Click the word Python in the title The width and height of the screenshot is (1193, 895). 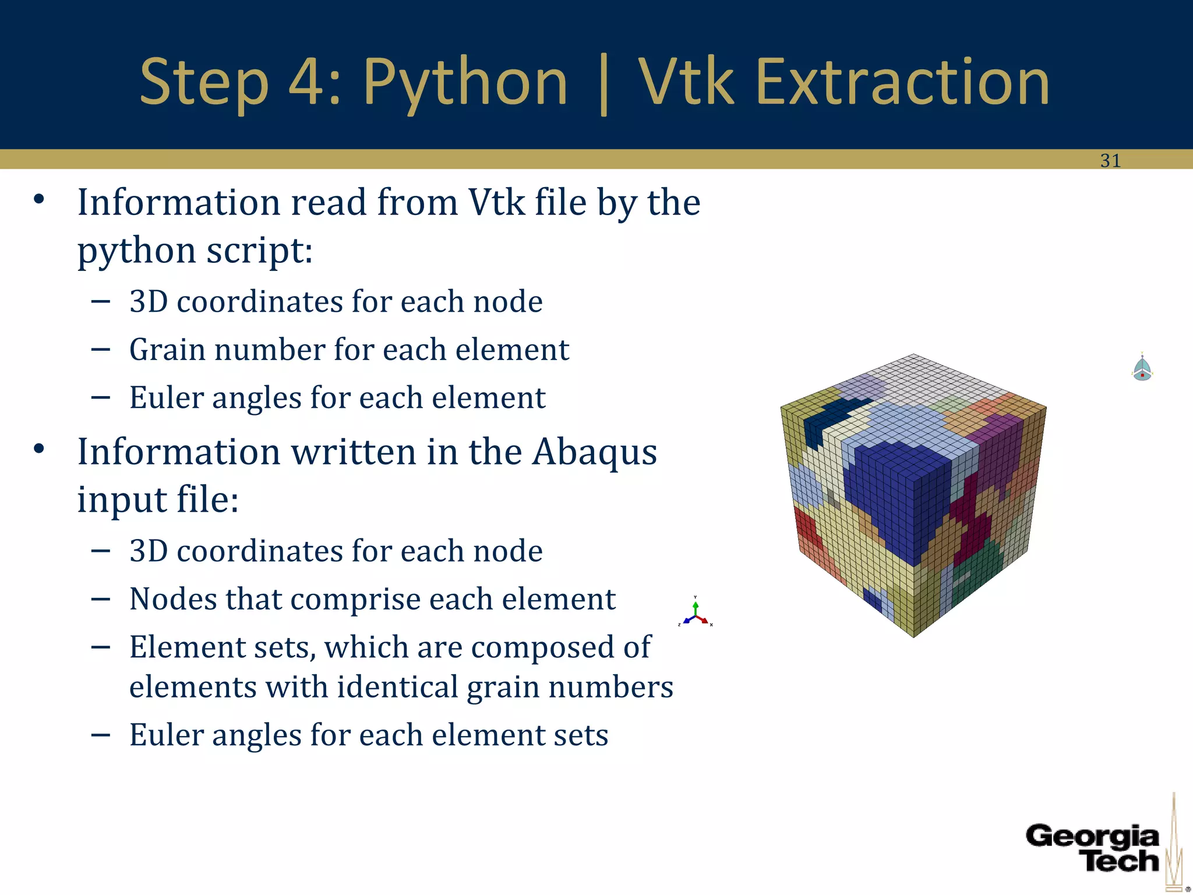(x=465, y=83)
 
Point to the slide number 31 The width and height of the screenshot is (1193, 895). (x=1110, y=161)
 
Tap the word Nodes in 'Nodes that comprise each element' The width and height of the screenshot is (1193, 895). (x=172, y=599)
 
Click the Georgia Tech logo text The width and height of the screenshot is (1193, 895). (x=1093, y=848)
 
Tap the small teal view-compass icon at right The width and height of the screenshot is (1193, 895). (x=1142, y=368)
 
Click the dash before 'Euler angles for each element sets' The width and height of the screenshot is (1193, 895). (x=101, y=735)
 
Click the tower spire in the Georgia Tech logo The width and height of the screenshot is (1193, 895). (x=1174, y=839)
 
